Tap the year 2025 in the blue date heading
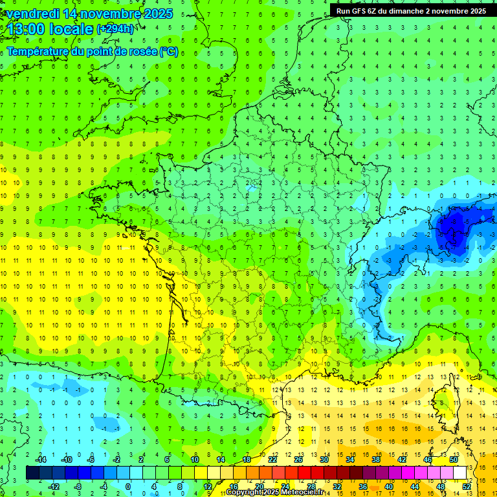coord(155,14)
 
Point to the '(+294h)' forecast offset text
coord(115,29)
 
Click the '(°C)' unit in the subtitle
coord(169,52)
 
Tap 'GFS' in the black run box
coord(359,10)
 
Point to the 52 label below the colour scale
coord(467,487)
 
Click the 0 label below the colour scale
coord(128,487)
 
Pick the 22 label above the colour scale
coord(272,459)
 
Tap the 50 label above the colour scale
coord(454,459)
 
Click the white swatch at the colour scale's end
coord(460,473)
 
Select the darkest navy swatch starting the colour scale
coord(32,473)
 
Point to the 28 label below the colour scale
coord(311,487)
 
